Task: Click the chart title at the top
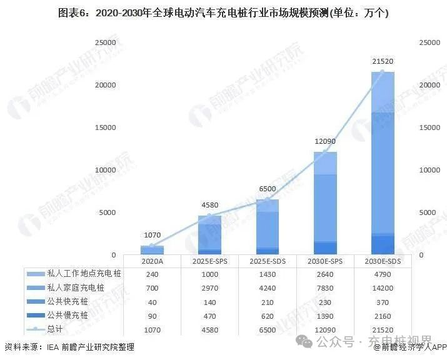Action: [223, 12]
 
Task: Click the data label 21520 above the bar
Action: [383, 61]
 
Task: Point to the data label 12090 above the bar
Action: [325, 141]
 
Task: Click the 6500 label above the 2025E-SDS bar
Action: [267, 189]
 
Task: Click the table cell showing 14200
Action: [383, 288]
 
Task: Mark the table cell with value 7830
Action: [325, 288]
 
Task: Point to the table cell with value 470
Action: [209, 316]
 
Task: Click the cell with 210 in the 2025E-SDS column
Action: [267, 302]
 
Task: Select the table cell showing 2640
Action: [325, 274]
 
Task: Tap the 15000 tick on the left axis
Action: [104, 127]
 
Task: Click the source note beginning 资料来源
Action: [69, 347]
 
